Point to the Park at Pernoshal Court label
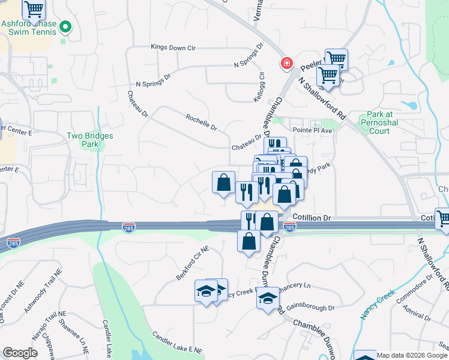coord(388,122)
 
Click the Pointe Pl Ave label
coord(312,130)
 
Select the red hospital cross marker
coord(287,63)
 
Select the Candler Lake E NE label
coord(177,343)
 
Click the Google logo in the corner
coord(20,353)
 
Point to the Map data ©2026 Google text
coord(412,355)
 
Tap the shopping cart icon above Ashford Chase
coord(34,8)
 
